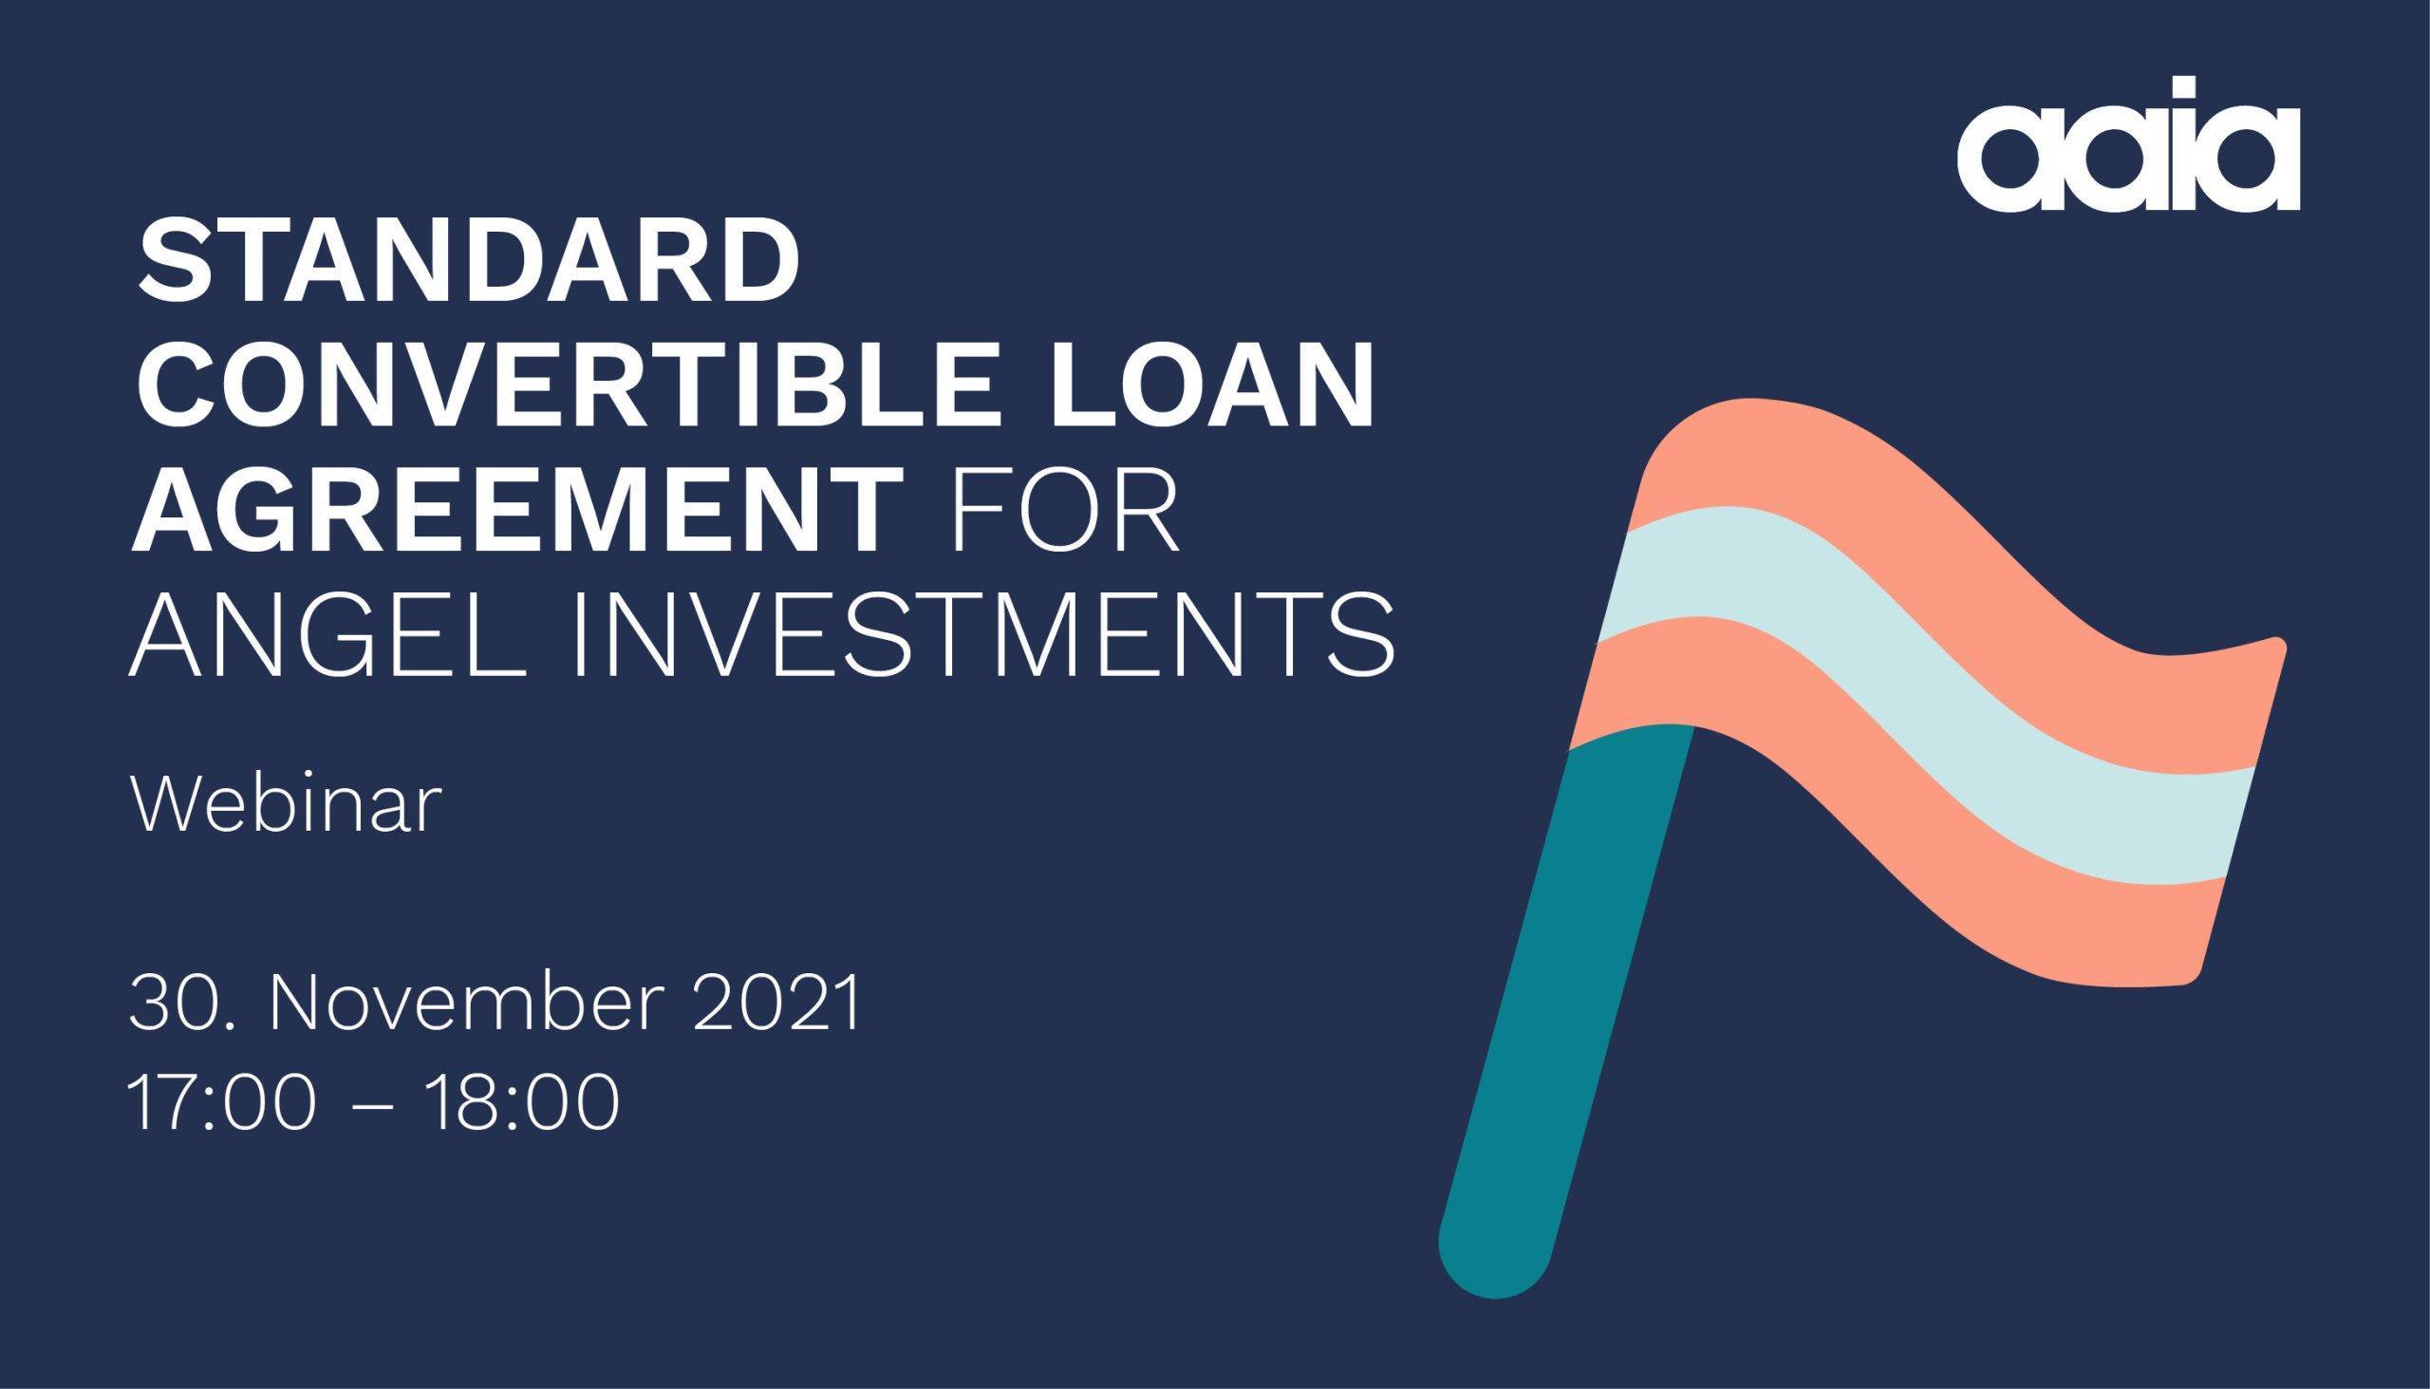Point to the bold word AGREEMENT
518,514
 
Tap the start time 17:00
221,1103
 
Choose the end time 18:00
524,1103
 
